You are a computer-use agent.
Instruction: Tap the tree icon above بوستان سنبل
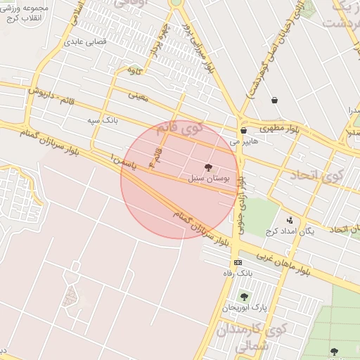[207, 167]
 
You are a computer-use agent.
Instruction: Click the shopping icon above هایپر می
[243, 130]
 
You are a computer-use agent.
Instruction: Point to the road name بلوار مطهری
[278, 129]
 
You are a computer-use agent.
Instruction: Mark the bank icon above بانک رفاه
[237, 262]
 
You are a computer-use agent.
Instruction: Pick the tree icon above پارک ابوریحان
[244, 297]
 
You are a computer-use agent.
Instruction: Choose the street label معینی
[139, 95]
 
